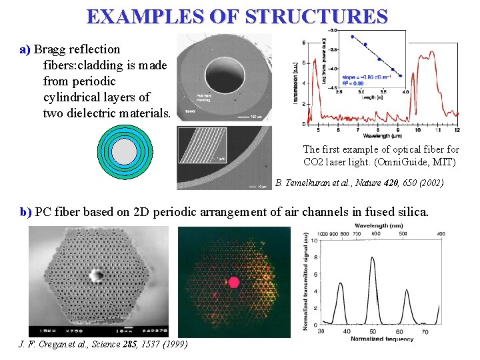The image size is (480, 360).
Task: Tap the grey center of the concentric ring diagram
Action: tap(125, 152)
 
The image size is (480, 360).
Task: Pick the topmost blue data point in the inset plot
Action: tap(352, 37)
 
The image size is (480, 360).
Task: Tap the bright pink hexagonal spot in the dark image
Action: tap(234, 282)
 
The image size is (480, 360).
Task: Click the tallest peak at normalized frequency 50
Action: tap(371, 259)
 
